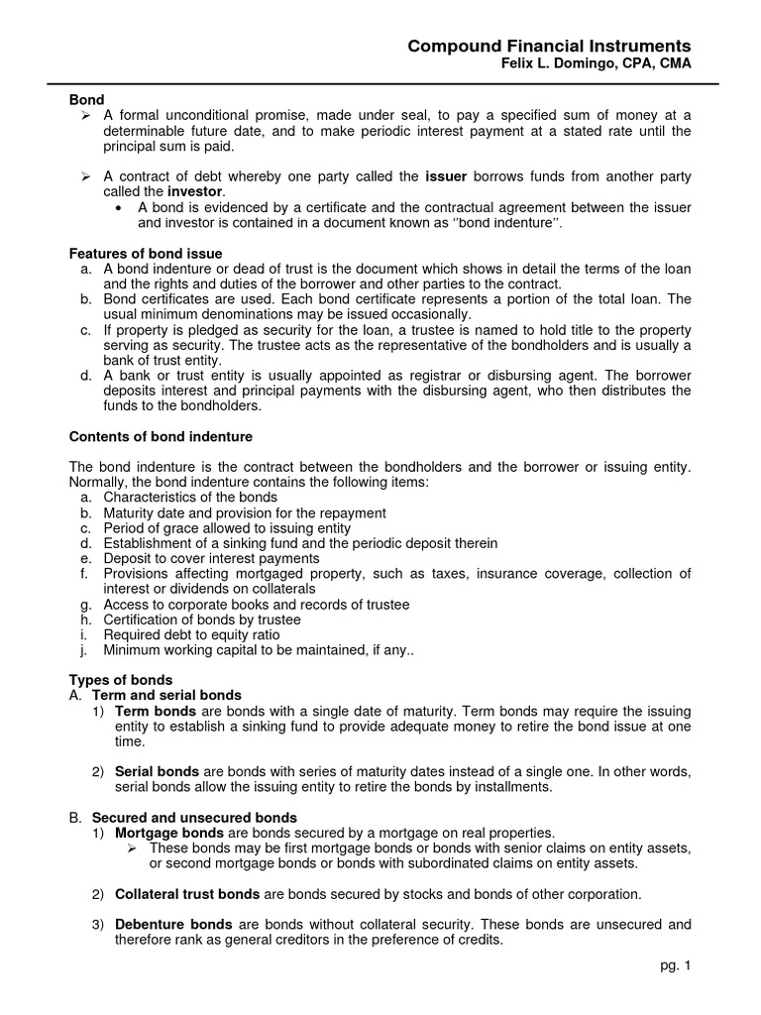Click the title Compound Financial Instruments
click(550, 47)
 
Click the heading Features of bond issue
click(145, 254)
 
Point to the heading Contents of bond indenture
click(160, 436)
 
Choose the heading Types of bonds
click(120, 680)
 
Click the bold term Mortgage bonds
click(163, 833)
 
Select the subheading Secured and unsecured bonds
click(194, 818)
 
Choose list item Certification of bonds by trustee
click(202, 620)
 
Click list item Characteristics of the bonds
click(190, 497)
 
